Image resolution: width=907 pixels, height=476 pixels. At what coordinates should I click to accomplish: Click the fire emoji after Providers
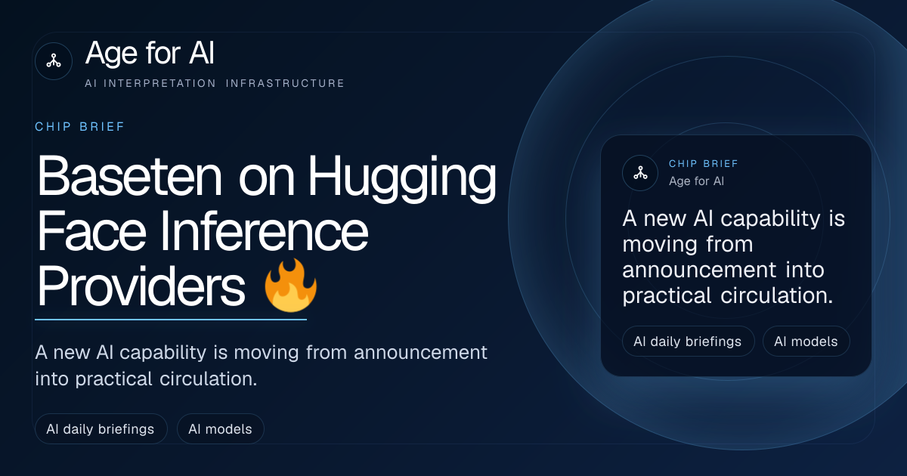290,286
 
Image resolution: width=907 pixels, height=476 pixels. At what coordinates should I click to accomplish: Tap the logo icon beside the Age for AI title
54,61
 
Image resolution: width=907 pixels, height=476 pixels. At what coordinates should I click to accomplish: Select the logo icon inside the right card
640,173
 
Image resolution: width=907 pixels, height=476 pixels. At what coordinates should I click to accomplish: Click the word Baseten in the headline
129,177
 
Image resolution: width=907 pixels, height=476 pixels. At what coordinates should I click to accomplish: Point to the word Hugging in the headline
402,178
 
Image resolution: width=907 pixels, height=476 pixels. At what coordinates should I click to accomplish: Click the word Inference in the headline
265,231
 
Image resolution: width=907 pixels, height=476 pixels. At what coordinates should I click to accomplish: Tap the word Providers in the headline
141,286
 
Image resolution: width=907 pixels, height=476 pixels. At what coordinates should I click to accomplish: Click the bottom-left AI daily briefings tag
101,428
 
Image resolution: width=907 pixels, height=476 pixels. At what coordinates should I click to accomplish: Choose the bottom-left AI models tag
220,428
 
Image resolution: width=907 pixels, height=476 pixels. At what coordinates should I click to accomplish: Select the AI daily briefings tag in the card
688,342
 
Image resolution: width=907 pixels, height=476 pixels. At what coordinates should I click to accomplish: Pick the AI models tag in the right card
806,342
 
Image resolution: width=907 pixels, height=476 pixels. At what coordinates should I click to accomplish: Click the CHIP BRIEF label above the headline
79,127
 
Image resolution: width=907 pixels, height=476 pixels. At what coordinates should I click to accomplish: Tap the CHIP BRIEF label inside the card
704,163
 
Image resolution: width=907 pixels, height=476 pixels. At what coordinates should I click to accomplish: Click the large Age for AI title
150,53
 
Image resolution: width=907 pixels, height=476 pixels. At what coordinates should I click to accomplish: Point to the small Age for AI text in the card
696,181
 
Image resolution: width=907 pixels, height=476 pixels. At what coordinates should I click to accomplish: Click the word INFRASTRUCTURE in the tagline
285,83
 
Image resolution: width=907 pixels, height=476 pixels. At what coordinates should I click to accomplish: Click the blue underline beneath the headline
171,320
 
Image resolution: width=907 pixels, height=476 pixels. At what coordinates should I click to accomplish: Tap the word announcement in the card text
699,270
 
